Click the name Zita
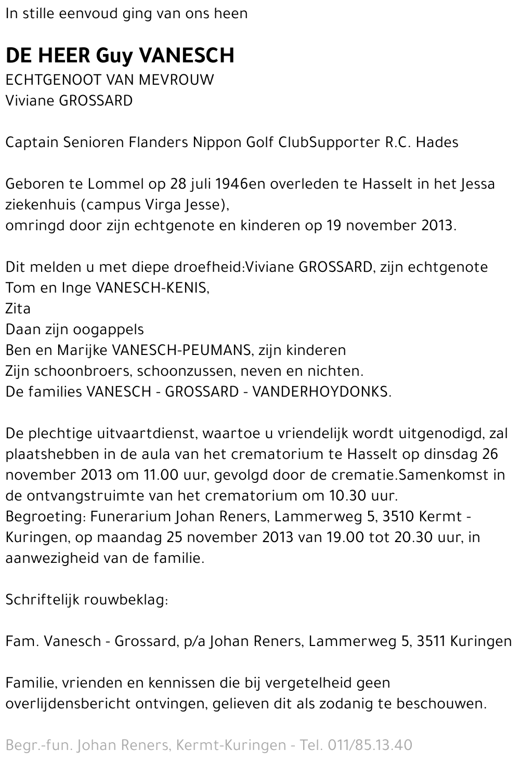coord(18,309)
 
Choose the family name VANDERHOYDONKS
coord(320,392)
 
